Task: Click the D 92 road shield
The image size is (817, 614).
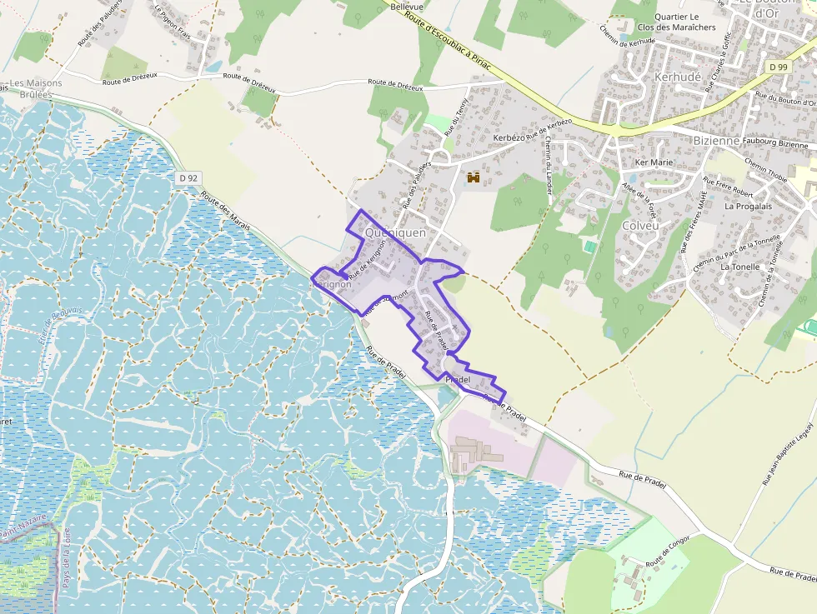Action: point(188,177)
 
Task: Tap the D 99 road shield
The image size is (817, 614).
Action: point(779,67)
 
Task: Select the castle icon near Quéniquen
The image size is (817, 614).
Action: point(474,177)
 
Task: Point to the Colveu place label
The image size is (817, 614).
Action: point(640,225)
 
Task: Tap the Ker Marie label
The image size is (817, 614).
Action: point(654,162)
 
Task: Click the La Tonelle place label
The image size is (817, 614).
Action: point(740,267)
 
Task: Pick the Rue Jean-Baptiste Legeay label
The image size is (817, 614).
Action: point(786,454)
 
